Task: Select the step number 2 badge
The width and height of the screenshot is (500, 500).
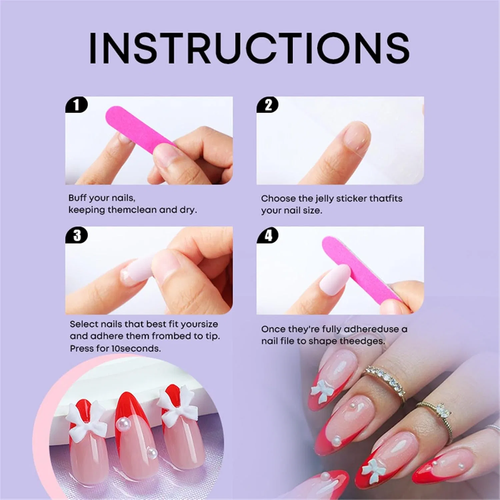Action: pyautogui.click(x=268, y=105)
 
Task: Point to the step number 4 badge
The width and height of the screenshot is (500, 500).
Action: pyautogui.click(x=268, y=235)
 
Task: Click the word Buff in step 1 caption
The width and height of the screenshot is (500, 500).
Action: pyautogui.click(x=78, y=198)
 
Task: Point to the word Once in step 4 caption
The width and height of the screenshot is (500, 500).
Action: pyautogui.click(x=273, y=329)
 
